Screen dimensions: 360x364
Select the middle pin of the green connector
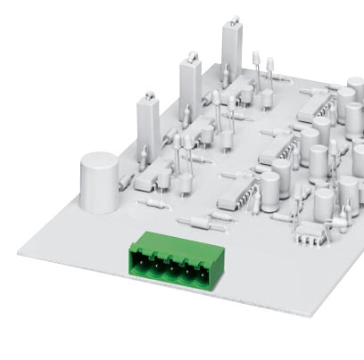tap(172, 265)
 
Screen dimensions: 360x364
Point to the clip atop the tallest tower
tap(233, 20)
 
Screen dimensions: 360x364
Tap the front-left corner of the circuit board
tap(20, 252)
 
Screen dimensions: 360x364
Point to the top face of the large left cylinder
tap(99, 160)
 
